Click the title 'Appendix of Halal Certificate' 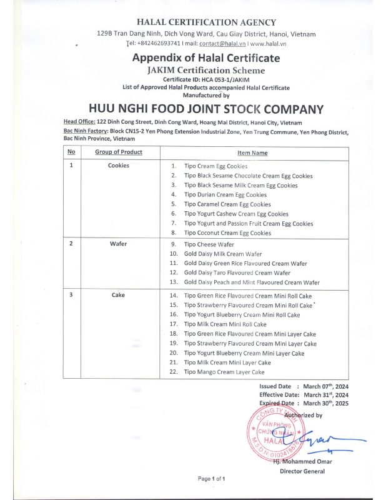click(x=206, y=58)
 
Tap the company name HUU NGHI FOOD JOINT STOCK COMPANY click(x=206, y=109)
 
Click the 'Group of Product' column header click(x=119, y=152)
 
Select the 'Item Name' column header click(x=252, y=152)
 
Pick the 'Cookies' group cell click(x=119, y=166)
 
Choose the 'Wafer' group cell click(x=118, y=244)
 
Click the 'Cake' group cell click(x=118, y=295)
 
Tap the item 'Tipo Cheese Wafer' click(x=209, y=244)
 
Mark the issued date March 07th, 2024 click(x=325, y=387)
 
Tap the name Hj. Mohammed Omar click(x=303, y=462)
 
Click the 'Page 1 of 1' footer click(x=211, y=479)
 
